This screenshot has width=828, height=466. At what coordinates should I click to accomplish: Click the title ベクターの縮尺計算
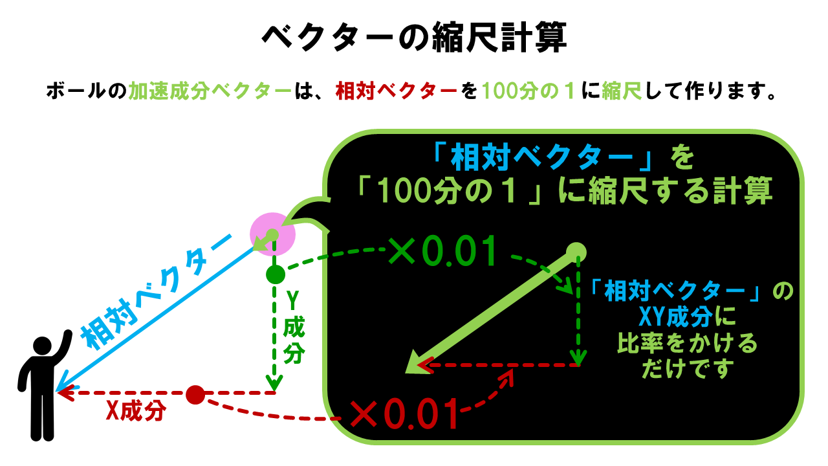pyautogui.click(x=414, y=38)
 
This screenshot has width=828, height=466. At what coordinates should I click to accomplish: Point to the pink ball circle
pyautogui.click(x=272, y=234)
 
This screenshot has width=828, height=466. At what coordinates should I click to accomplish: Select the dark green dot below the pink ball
pyautogui.click(x=276, y=274)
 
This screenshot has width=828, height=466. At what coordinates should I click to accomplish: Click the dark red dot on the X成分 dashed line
pyautogui.click(x=195, y=394)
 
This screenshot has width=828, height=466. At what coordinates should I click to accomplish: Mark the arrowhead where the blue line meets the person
pyautogui.click(x=61, y=389)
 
